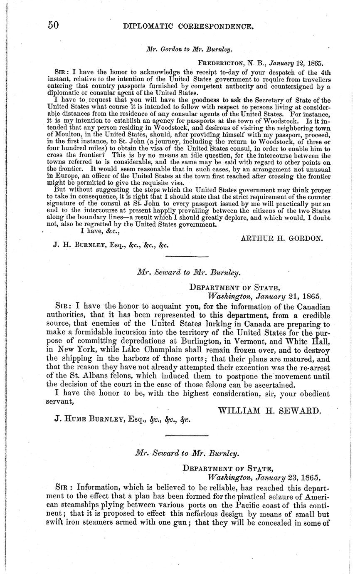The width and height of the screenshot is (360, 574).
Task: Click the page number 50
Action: pyautogui.click(x=53, y=26)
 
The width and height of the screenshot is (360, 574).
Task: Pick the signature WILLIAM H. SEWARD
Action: pyautogui.click(x=270, y=411)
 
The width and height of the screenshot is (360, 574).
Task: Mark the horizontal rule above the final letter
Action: pyautogui.click(x=187, y=435)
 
